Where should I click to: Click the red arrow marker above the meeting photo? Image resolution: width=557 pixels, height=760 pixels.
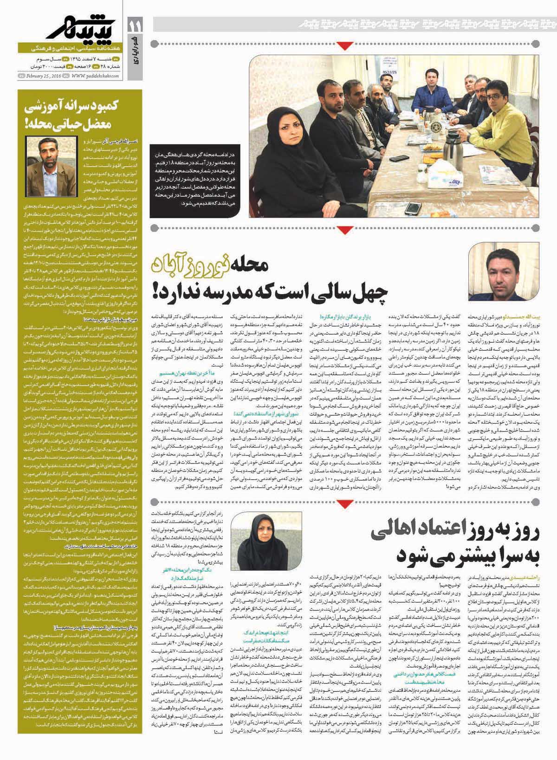(344, 45)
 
